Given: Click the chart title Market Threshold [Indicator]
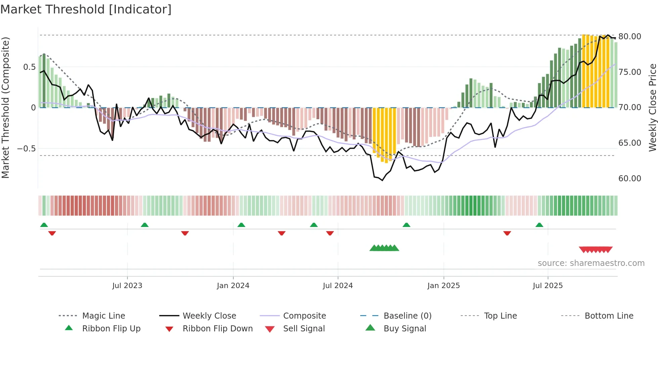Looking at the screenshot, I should coord(86,9).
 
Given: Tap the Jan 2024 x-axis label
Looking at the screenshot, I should coord(233,286).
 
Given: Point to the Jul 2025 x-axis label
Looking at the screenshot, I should coord(548,286).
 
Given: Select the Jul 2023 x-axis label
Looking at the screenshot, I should coord(127,286).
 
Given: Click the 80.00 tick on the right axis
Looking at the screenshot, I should coord(629,36).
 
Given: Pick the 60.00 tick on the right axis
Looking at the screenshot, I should coord(629,178).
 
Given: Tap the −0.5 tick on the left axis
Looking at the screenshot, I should coord(26,148).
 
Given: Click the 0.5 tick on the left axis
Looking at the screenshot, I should coord(29,67).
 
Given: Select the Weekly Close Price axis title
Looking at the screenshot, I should coord(652,107).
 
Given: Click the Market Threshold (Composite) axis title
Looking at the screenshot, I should coord(5,107).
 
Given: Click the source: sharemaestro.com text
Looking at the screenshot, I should coord(591,263).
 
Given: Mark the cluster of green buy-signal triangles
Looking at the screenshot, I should coord(384,248).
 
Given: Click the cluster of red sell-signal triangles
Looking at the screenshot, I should coord(596,249).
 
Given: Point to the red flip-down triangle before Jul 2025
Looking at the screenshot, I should coord(507,233).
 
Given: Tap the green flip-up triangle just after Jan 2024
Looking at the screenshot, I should coord(241,225).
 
